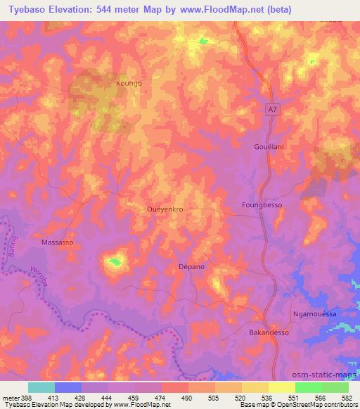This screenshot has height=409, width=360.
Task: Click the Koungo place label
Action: tap(129, 83)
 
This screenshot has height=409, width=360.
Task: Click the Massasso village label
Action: tap(58, 242)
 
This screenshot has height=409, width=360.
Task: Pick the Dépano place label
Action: tap(191, 268)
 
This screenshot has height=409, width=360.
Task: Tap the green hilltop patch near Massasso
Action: tap(115, 263)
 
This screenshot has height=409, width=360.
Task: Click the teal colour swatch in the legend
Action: tap(41, 387)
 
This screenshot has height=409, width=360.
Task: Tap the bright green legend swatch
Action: tap(309, 387)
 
